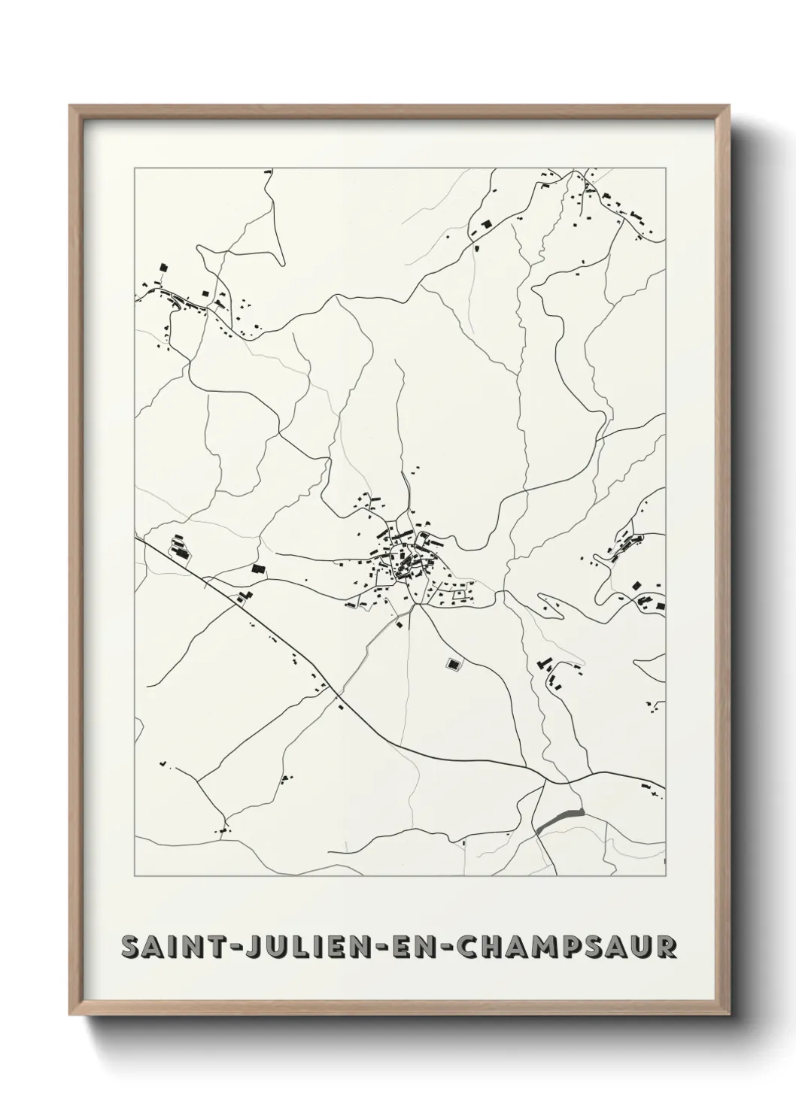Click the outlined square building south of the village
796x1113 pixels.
[x=454, y=663]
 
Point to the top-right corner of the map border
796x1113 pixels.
[x=665, y=168]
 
